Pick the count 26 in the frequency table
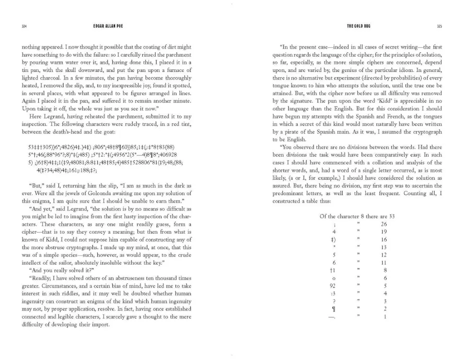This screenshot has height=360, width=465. [383, 225]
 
